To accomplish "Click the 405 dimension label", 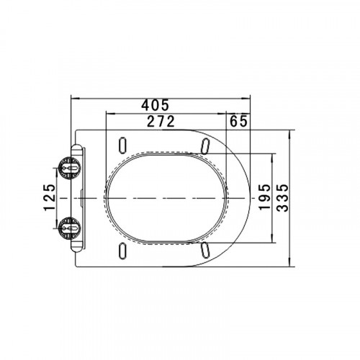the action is point(155,105).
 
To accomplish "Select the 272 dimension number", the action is point(161,121).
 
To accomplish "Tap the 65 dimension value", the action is point(238,121).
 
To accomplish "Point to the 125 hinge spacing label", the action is point(50,197).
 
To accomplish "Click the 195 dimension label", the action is point(265,197).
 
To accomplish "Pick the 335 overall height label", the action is point(282,198).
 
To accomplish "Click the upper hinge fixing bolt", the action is point(70,168).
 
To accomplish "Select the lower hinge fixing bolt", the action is point(70,228).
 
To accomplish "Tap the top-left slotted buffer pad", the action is point(122,145).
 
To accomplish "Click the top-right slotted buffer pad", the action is point(205,145).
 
